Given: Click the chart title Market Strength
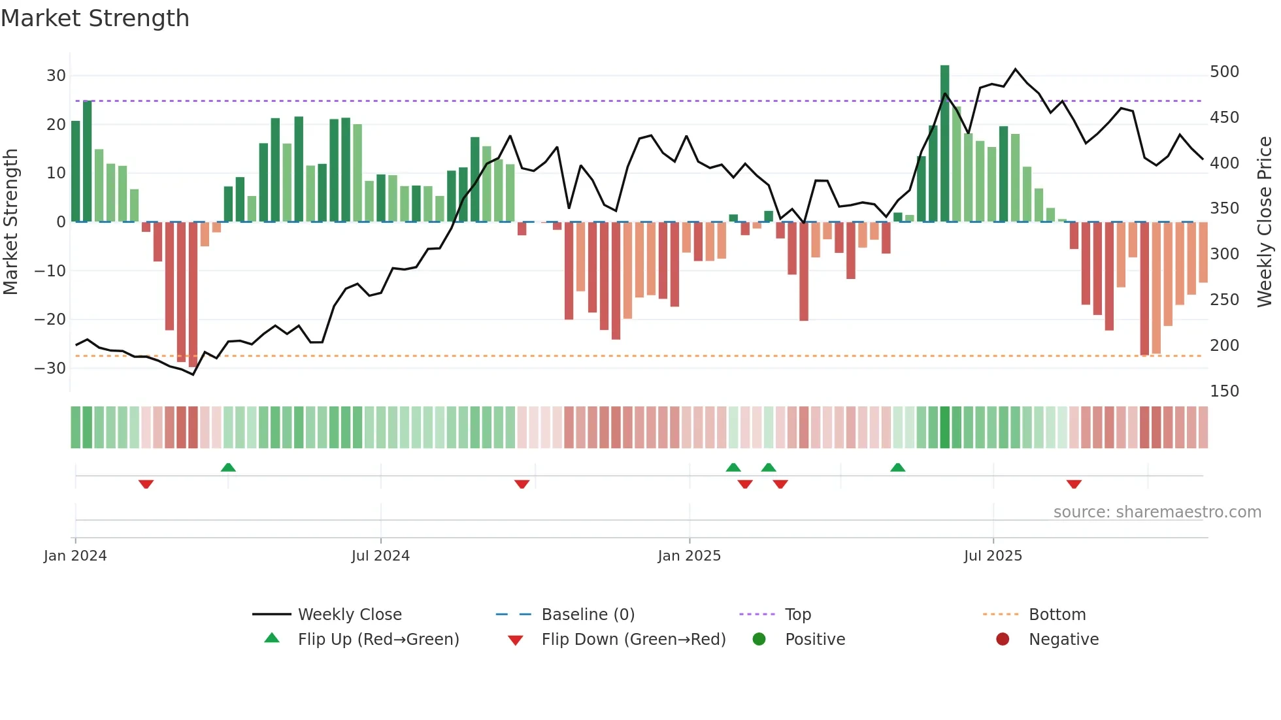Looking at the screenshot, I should pyautogui.click(x=95, y=18).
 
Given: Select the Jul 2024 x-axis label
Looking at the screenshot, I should pyautogui.click(x=380, y=556).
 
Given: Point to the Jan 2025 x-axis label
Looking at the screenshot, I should pyautogui.click(x=689, y=556).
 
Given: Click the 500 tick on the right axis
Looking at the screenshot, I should pyautogui.click(x=1224, y=72).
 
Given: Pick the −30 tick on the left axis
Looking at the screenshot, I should pyautogui.click(x=51, y=368).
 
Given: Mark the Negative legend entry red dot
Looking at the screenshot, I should pyautogui.click(x=1003, y=639).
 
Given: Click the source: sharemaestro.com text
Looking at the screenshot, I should pyautogui.click(x=1157, y=512).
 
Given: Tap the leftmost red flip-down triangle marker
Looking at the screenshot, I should pyautogui.click(x=146, y=484).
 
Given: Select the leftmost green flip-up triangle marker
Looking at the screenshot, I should pyautogui.click(x=228, y=467).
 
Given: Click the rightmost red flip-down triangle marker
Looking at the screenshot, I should pyautogui.click(x=1074, y=484).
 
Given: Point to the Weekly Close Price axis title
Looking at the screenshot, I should pyautogui.click(x=1265, y=222).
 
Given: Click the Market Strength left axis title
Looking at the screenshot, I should pyautogui.click(x=10, y=222).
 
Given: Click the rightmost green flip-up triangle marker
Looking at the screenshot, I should pyautogui.click(x=898, y=467).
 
